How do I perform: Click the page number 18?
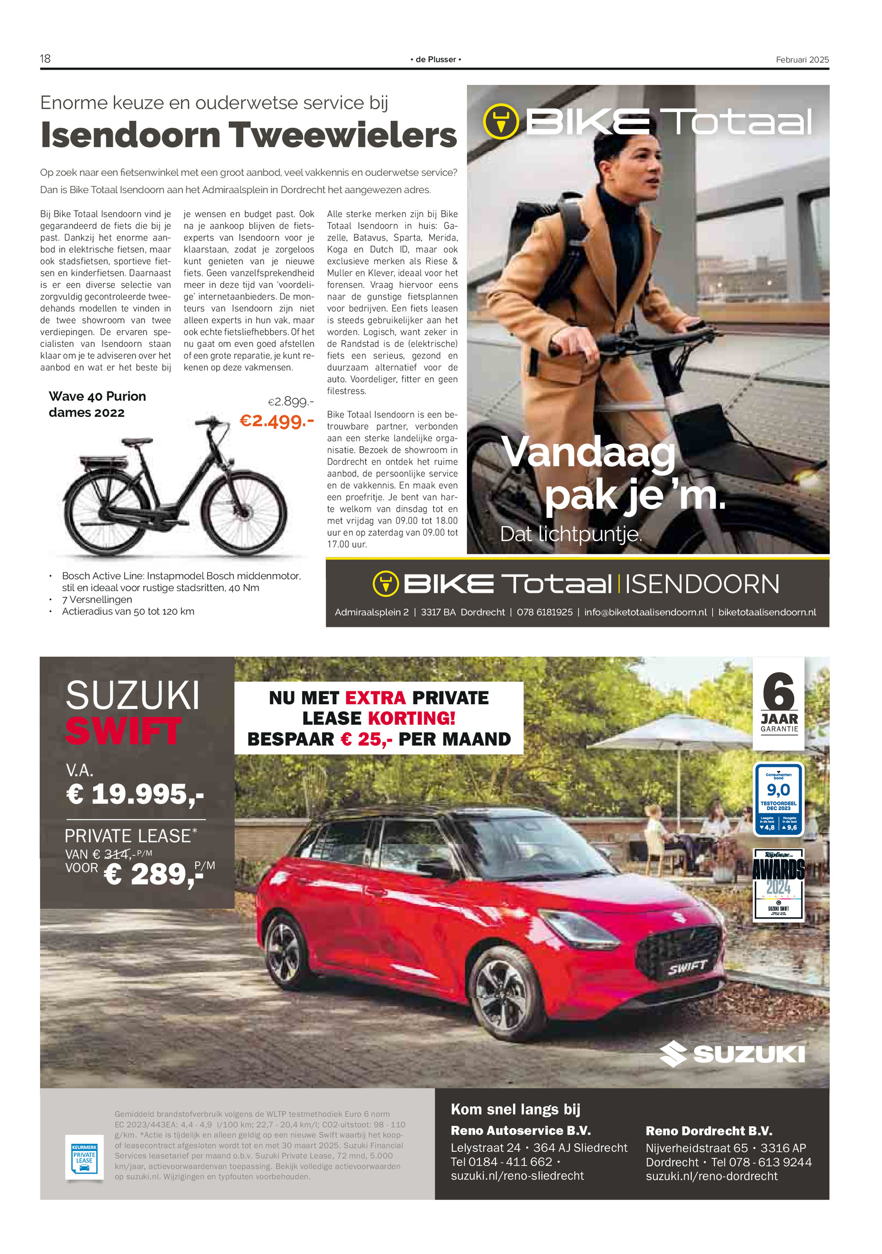click(x=45, y=58)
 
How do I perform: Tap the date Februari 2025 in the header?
click(x=802, y=60)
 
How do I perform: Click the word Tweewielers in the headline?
click(x=342, y=135)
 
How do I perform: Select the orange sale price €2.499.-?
click(x=276, y=421)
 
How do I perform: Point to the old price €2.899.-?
click(x=291, y=401)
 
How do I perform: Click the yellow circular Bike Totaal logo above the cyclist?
click(x=501, y=122)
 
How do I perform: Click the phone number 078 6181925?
click(x=544, y=612)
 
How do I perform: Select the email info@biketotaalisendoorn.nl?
click(x=645, y=612)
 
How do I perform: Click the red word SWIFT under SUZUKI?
click(x=123, y=731)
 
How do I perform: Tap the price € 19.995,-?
click(x=135, y=794)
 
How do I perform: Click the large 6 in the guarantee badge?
click(x=778, y=692)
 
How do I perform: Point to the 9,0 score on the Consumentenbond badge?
click(x=778, y=790)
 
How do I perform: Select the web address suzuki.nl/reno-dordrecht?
click(x=711, y=1176)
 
